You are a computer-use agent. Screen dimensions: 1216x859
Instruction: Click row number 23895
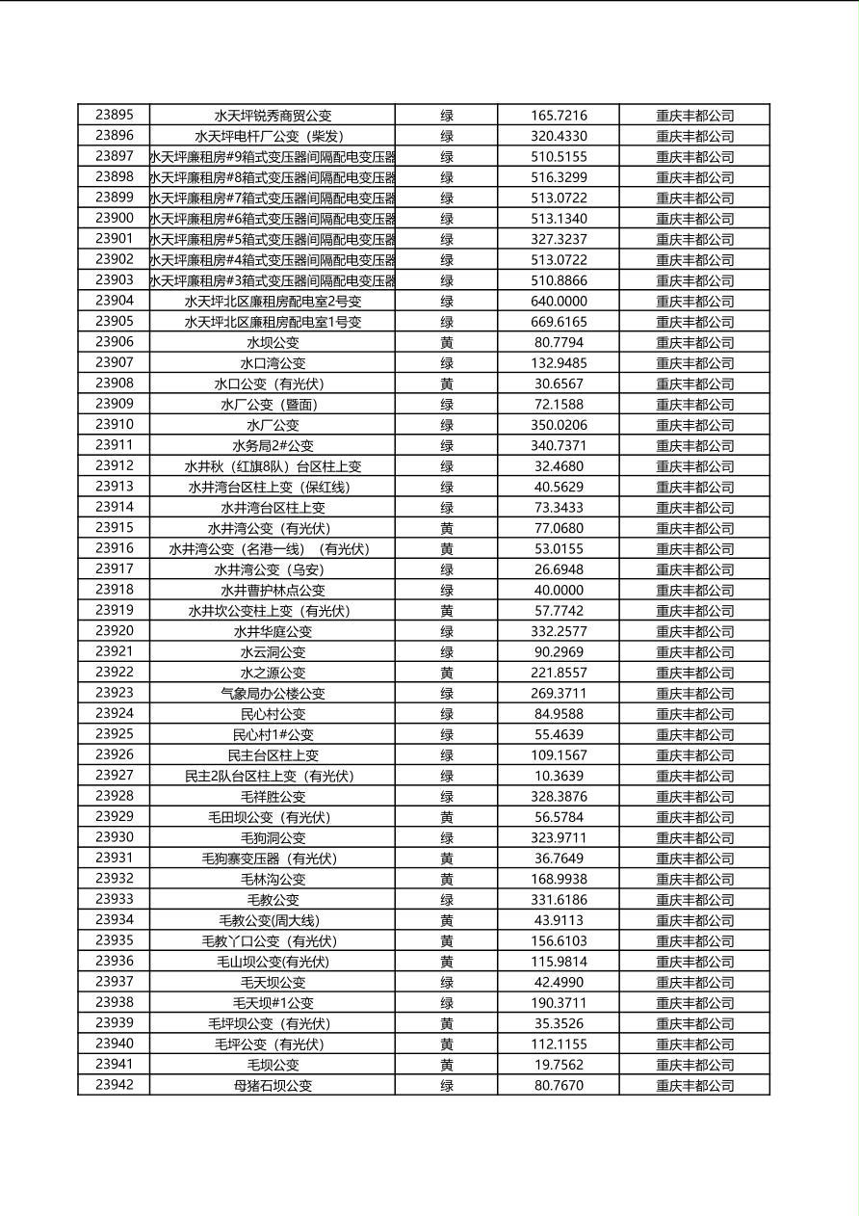(115, 115)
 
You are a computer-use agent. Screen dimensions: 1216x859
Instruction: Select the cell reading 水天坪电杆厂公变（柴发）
(273, 136)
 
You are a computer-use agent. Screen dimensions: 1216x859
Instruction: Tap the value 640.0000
(559, 301)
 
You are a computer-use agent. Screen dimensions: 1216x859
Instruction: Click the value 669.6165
(559, 322)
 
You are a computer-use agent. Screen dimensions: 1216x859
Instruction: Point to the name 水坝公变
(273, 342)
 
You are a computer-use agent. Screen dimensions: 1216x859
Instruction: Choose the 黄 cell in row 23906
(447, 342)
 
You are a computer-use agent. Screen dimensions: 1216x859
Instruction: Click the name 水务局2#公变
(273, 445)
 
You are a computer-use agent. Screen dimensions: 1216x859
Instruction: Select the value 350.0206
(559, 425)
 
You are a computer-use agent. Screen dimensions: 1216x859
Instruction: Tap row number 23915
(115, 528)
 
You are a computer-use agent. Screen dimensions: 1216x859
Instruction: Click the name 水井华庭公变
(273, 631)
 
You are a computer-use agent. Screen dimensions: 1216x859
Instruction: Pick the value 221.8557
(559, 673)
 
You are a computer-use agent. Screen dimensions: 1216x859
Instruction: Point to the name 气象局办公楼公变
(273, 693)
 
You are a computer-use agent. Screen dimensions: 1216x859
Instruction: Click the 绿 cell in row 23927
(447, 776)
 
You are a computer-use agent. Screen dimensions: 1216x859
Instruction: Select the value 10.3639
(559, 776)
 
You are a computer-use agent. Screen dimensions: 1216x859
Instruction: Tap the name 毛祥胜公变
(273, 796)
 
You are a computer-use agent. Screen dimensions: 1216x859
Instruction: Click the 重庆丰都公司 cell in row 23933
(694, 899)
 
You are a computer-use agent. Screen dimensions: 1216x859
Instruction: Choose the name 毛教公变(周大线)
(273, 920)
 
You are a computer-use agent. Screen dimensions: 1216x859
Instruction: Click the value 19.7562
(559, 1065)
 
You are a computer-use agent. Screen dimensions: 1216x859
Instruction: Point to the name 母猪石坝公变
(273, 1085)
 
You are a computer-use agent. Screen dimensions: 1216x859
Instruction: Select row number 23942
(115, 1085)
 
